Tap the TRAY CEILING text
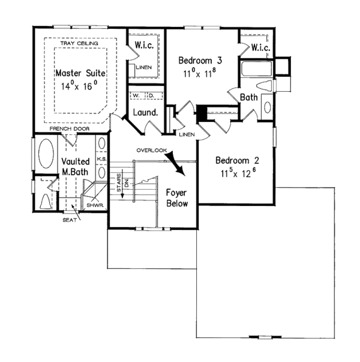80,43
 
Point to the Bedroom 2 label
237,160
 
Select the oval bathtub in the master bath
46,154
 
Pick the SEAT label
68,220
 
